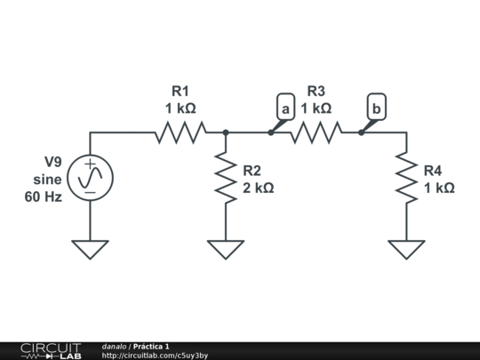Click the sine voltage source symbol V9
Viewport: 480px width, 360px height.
(x=91, y=178)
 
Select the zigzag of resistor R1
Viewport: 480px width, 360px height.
(x=180, y=132)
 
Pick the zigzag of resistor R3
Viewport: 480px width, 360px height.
(x=316, y=132)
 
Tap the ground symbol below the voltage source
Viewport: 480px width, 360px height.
(x=91, y=249)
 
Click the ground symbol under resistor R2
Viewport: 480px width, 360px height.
(x=226, y=249)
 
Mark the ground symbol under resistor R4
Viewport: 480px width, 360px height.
(x=406, y=249)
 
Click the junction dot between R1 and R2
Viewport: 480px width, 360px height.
(x=226, y=132)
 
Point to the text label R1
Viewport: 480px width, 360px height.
(x=180, y=91)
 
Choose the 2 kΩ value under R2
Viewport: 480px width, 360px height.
(x=259, y=188)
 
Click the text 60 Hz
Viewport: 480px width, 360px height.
(x=43, y=196)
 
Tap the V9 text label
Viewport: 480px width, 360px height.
(x=54, y=162)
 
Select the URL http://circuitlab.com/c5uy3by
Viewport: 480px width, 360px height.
(x=155, y=356)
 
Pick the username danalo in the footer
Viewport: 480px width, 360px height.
(x=114, y=346)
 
